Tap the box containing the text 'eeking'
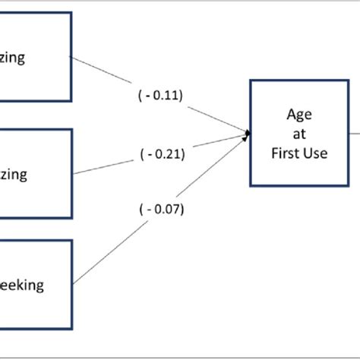point(35,286)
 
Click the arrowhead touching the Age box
point(247,135)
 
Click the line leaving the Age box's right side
point(353,128)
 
